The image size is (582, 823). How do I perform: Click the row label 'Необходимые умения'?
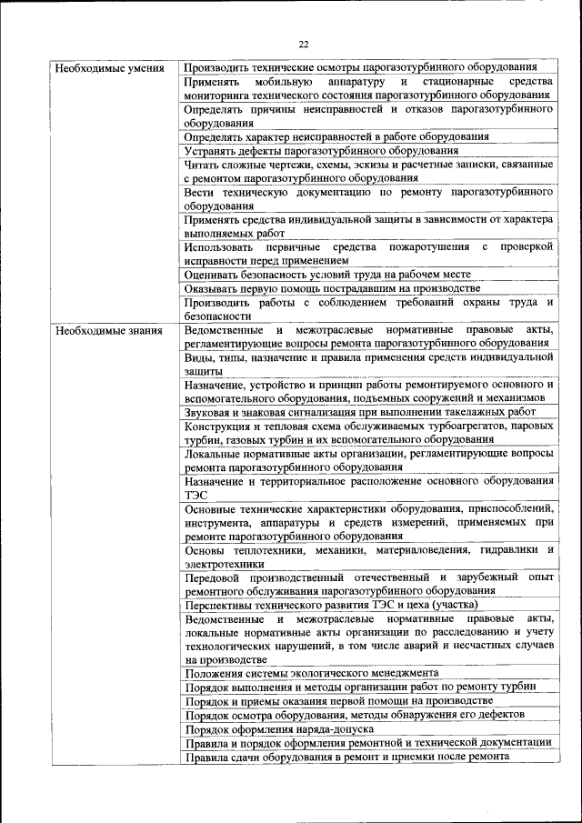coord(109,68)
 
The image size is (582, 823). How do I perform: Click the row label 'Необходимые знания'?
coord(109,330)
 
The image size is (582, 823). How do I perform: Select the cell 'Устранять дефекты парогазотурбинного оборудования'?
coord(321,151)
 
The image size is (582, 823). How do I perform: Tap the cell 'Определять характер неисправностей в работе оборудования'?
coord(336,136)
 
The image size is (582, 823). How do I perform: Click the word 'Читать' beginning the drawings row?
coord(201,165)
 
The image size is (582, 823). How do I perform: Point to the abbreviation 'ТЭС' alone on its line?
coord(196,495)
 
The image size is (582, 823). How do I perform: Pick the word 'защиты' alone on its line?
coord(202,371)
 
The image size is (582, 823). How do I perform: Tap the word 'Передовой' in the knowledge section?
coord(215,577)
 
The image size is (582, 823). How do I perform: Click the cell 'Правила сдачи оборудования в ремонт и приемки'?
coord(346,758)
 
